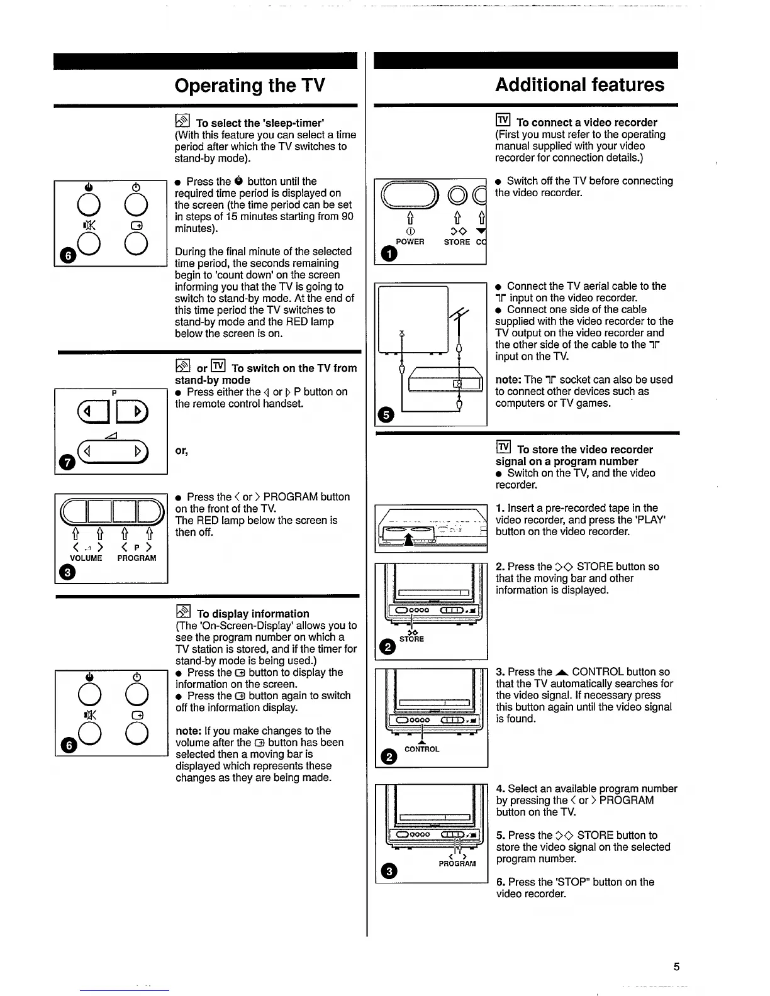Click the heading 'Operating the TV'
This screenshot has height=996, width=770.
249,86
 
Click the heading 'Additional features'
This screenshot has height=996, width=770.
579,85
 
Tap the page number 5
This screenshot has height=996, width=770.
676,966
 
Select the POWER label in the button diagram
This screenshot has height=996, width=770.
410,242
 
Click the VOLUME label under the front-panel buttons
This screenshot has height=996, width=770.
86,558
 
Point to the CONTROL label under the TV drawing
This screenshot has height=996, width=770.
421,750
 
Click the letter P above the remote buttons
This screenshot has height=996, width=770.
114,392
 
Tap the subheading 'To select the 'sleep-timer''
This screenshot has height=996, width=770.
260,123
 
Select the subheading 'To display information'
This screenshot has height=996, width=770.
253,614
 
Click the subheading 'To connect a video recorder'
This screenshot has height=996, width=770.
586,123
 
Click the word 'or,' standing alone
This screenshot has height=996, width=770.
182,451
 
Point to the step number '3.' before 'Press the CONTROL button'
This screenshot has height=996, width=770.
500,672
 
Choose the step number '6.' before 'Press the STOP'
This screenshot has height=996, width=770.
501,882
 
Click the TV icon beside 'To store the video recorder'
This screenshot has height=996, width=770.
503,448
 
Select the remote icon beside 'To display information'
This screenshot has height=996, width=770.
183,612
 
